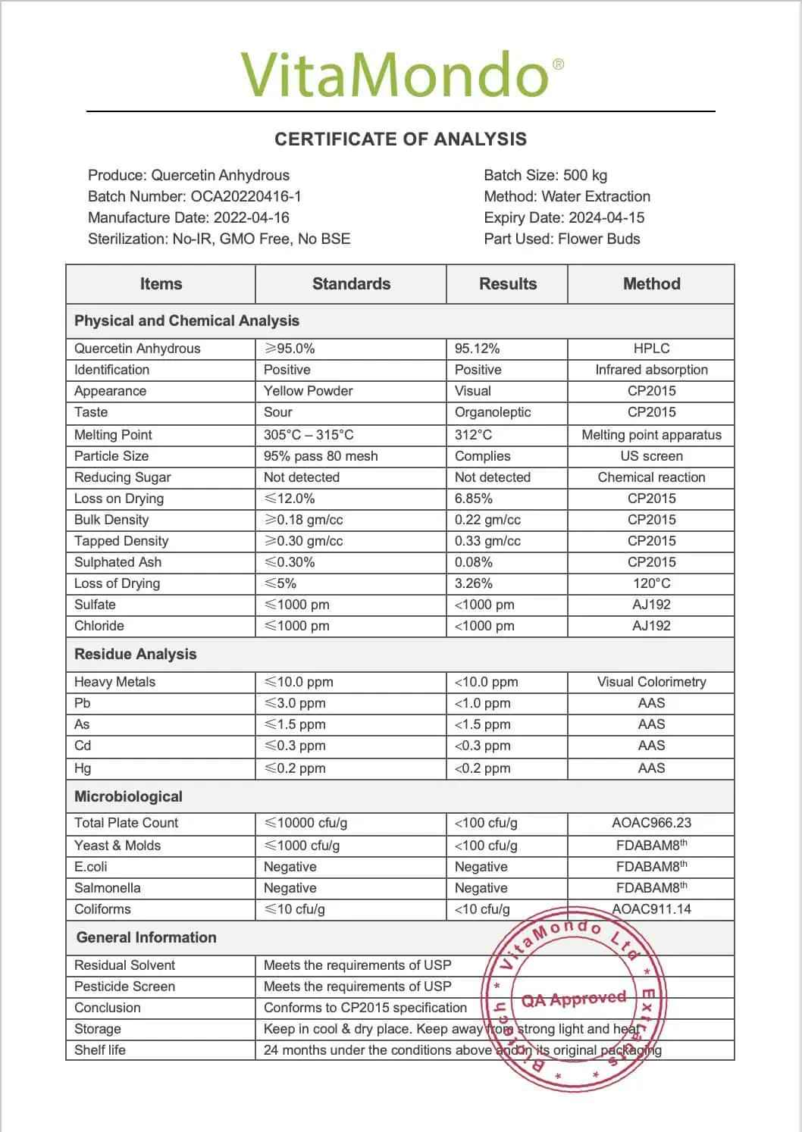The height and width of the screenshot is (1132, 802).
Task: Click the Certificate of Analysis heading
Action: [x=400, y=139]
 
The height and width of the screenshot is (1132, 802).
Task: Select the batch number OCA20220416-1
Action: [x=246, y=196]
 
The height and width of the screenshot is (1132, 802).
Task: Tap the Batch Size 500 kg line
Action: [x=545, y=175]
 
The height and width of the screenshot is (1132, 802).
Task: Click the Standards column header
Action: [x=351, y=284]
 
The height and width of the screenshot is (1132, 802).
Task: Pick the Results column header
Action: [x=507, y=284]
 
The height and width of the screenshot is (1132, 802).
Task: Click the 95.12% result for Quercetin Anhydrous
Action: [x=477, y=349]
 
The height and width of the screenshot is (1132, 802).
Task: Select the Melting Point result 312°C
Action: [x=473, y=435]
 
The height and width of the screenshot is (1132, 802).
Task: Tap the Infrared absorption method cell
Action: [x=651, y=370]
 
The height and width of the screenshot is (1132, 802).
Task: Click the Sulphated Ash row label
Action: [x=117, y=562]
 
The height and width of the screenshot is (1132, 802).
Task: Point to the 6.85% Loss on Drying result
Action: [x=473, y=499]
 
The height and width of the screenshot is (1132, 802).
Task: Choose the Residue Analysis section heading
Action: [x=135, y=654]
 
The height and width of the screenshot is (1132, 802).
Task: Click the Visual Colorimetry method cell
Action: [x=651, y=682]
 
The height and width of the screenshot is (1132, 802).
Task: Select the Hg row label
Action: [x=83, y=768]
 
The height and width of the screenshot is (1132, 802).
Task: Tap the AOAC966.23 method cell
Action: [x=651, y=823]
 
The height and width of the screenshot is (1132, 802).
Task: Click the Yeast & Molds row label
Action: [x=117, y=846]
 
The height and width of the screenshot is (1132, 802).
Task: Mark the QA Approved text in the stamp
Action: [x=574, y=999]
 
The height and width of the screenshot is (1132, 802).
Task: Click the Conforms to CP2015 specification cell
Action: [x=365, y=1008]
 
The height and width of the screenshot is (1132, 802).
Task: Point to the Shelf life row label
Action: [x=100, y=1050]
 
